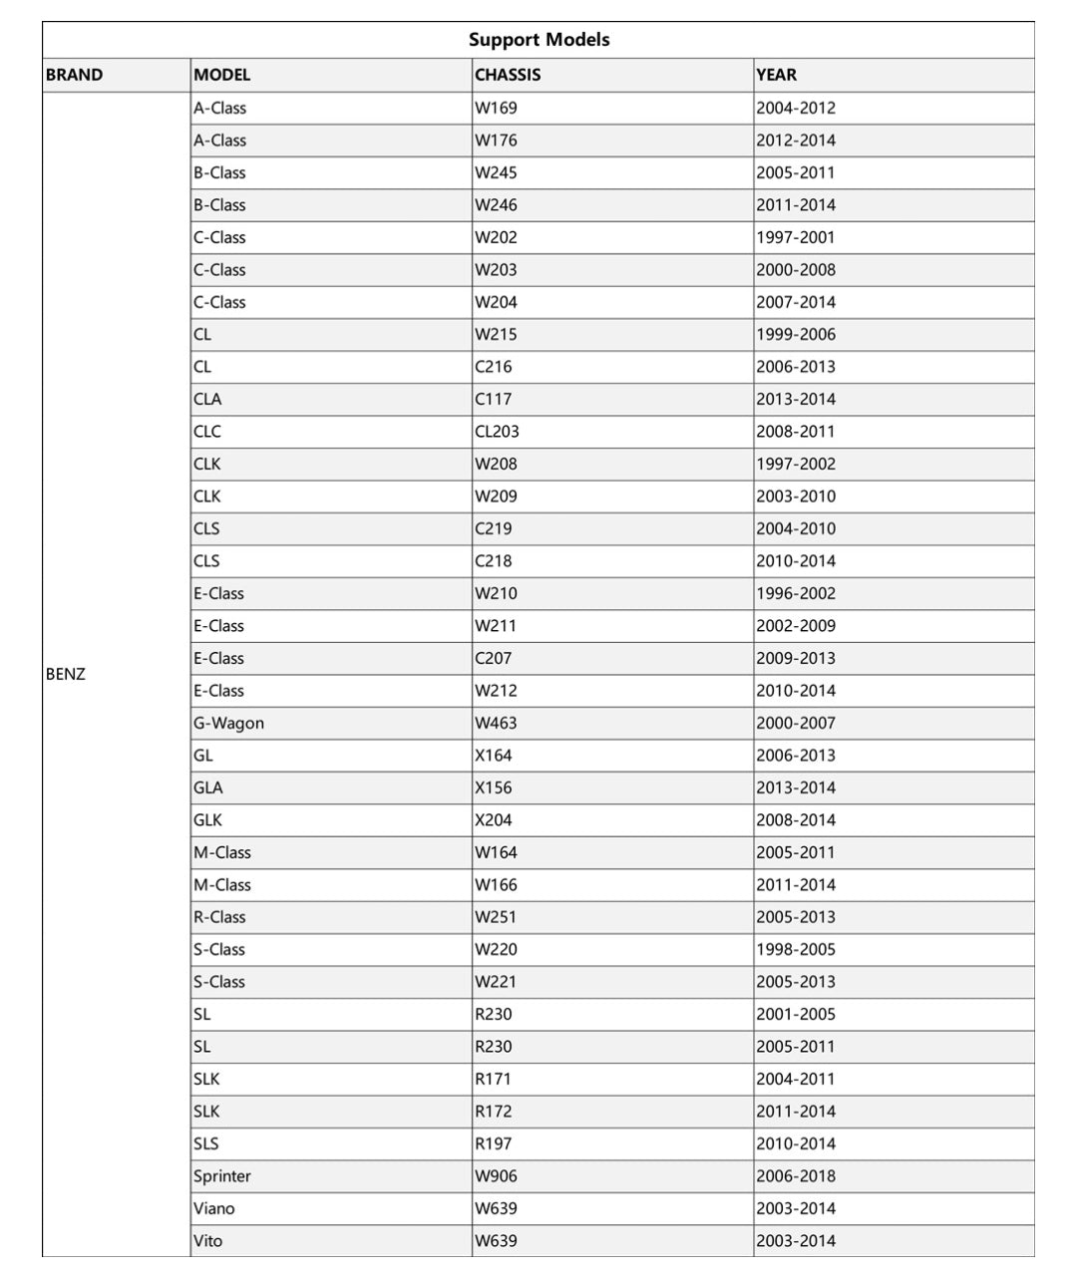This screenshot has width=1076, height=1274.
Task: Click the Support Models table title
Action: pyautogui.click(x=538, y=40)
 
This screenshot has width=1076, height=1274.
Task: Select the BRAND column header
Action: pyautogui.click(x=75, y=75)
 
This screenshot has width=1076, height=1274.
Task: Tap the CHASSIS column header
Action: pyautogui.click(x=508, y=75)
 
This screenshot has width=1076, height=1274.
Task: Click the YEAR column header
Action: pyautogui.click(x=776, y=75)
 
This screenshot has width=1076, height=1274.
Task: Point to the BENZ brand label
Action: pyautogui.click(x=66, y=674)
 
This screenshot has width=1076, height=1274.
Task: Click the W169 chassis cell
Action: pyautogui.click(x=496, y=108)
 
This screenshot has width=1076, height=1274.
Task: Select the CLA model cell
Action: pyautogui.click(x=207, y=399)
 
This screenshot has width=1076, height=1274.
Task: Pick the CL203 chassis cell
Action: pyautogui.click(x=497, y=432)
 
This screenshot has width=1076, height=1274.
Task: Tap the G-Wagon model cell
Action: pyautogui.click(x=228, y=723)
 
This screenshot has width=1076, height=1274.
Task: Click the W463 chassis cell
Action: pyautogui.click(x=496, y=723)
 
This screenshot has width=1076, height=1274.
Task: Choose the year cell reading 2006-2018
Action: pyautogui.click(x=796, y=1176)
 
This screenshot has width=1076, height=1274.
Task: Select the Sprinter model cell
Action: pyautogui.click(x=222, y=1176)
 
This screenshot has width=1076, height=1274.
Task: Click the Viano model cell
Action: pyautogui.click(x=214, y=1208)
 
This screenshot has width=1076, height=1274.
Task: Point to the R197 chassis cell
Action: pyautogui.click(x=493, y=1143)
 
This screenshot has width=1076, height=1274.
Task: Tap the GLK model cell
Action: pyautogui.click(x=207, y=820)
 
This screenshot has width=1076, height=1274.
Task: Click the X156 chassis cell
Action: pyautogui.click(x=493, y=788)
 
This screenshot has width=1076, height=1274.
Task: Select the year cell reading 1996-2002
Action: pyautogui.click(x=796, y=593)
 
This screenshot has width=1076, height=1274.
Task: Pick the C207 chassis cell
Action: pyautogui.click(x=493, y=658)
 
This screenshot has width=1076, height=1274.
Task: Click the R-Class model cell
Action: pyautogui.click(x=219, y=917)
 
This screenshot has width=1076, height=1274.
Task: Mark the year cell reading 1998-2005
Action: pyautogui.click(x=796, y=949)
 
